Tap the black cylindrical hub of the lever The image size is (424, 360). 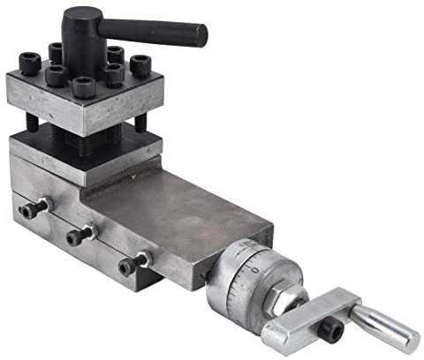point(81,26)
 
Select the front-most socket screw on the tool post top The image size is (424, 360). point(84,86)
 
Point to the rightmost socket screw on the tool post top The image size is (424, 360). point(140,64)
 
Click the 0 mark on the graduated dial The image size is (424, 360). point(254,265)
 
